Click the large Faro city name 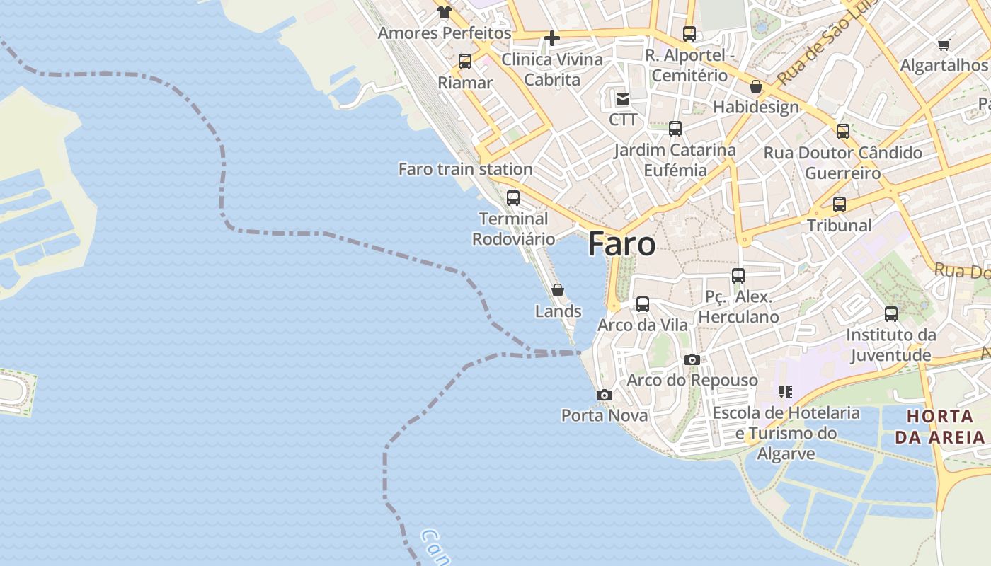point(621,244)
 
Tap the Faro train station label point(465,169)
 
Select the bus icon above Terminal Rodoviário point(513,198)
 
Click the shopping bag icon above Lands point(558,290)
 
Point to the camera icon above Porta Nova point(605,395)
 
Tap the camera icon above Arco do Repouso point(692,359)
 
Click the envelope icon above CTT point(623,98)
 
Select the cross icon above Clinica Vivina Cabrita point(552,38)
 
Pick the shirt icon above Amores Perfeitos point(444,11)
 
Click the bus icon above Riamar point(465,62)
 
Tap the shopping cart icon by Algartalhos point(944,45)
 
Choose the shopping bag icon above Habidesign point(756,86)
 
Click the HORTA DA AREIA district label point(940,427)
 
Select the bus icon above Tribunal point(840,204)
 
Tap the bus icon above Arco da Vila point(643,304)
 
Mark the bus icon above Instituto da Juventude point(891,313)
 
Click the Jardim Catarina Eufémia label point(675,160)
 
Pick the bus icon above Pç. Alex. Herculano point(738,276)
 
